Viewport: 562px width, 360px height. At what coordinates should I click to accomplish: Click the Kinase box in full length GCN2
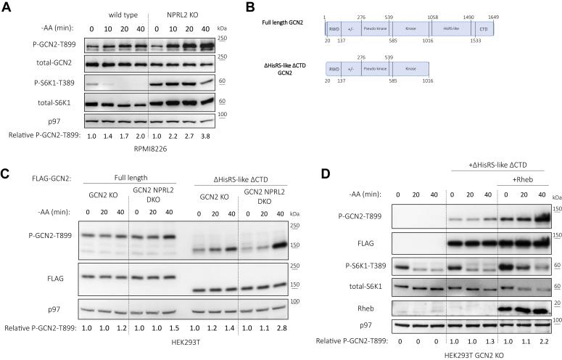[410, 28]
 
